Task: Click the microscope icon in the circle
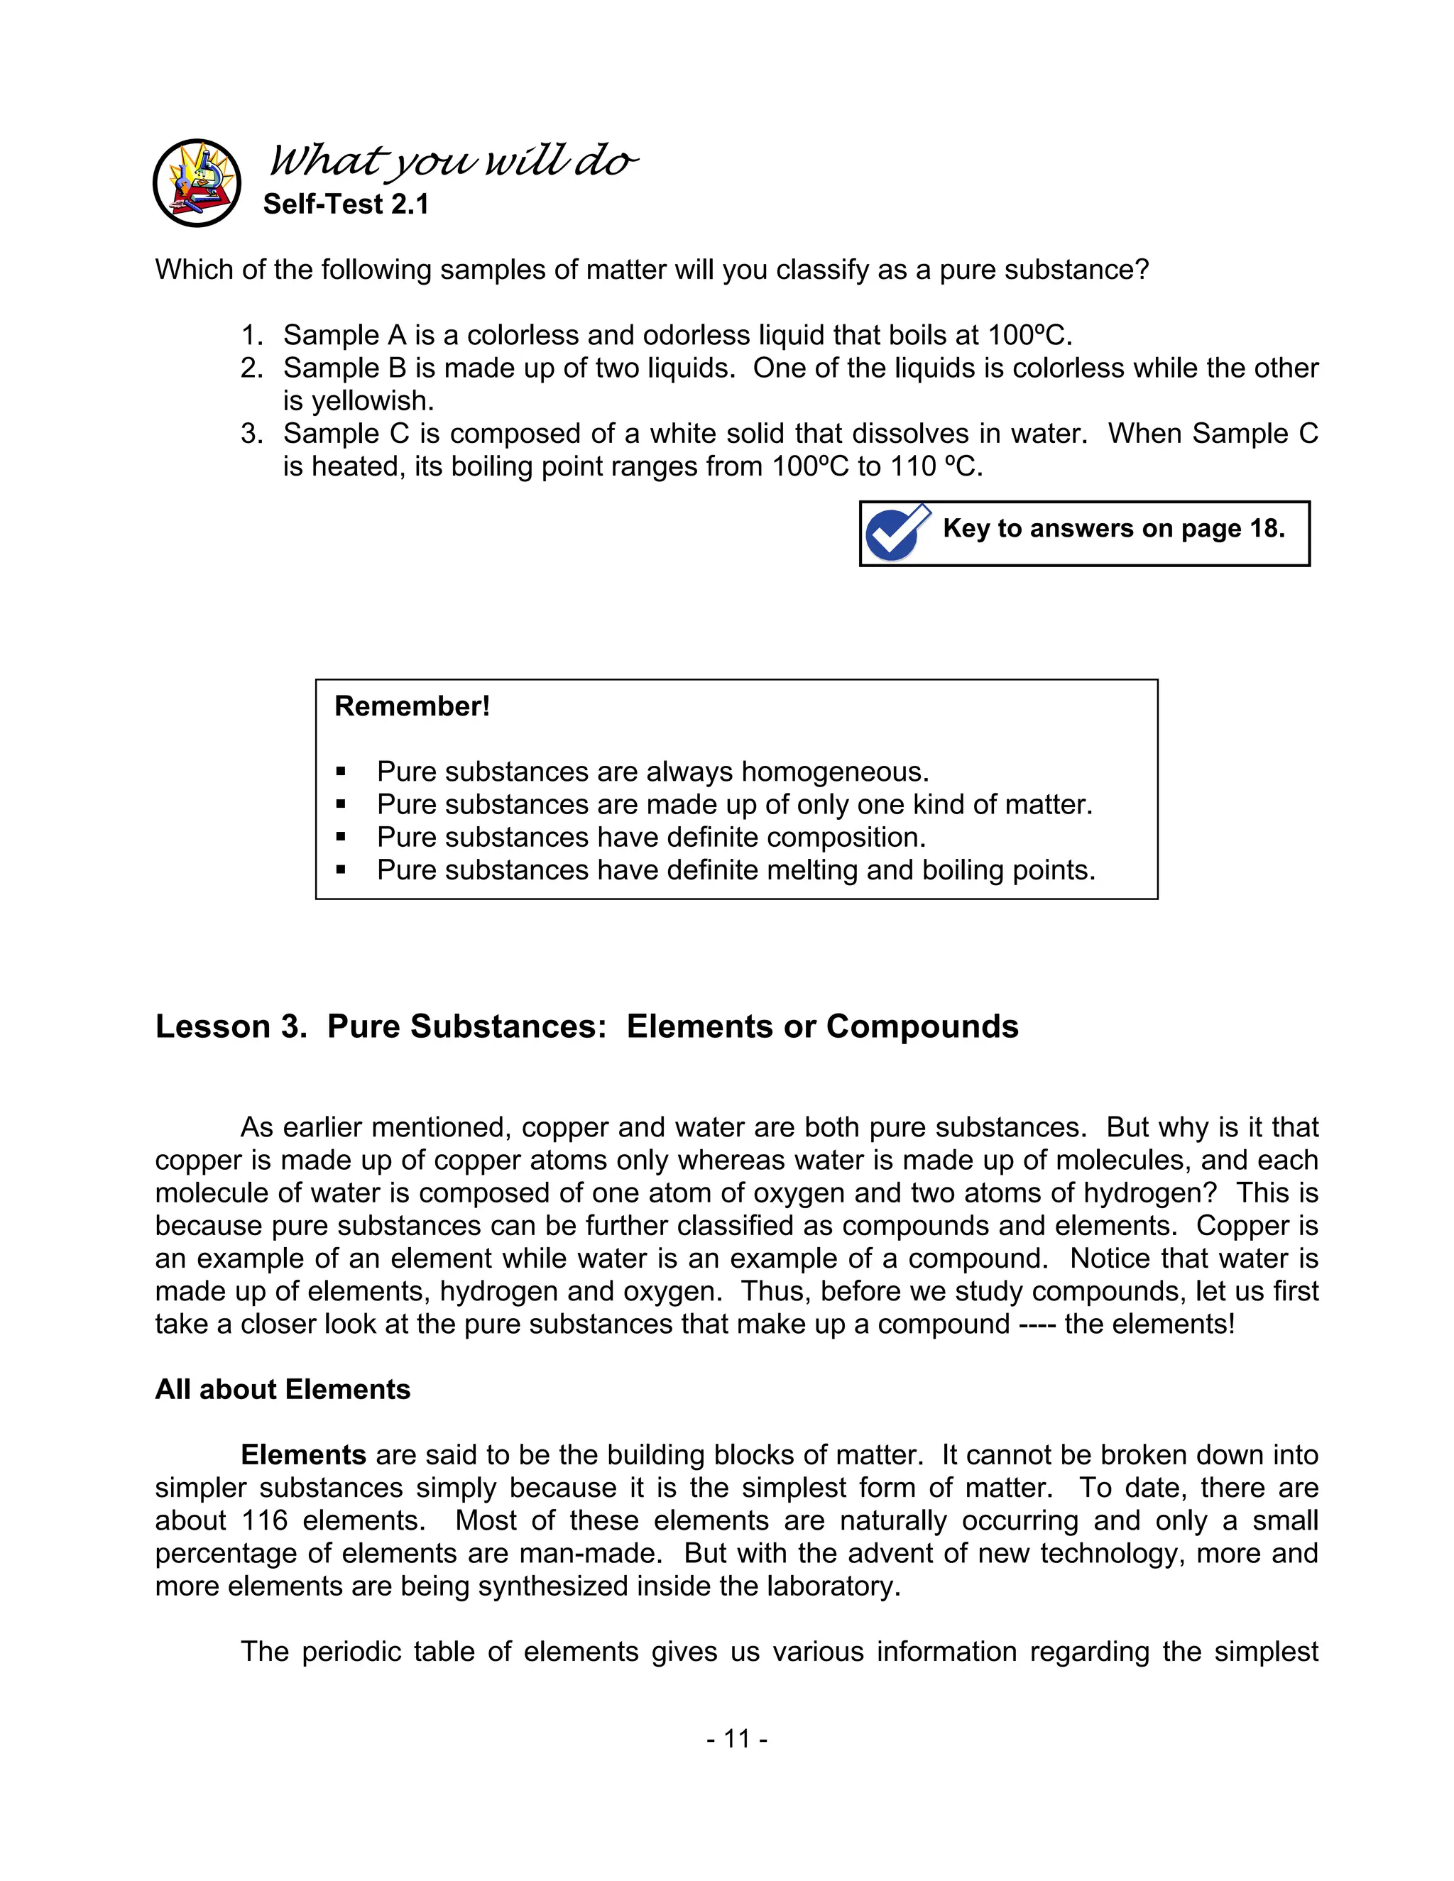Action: (197, 182)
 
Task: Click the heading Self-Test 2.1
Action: (346, 205)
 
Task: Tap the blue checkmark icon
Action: (897, 532)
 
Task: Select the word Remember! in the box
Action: (412, 706)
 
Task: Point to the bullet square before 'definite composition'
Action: (341, 837)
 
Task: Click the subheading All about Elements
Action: (283, 1390)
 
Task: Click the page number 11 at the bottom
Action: (736, 1739)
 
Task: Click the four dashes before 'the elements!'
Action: (1037, 1325)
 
